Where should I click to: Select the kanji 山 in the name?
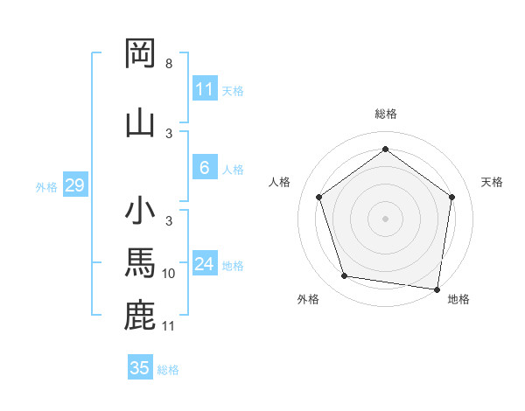[x=140, y=122]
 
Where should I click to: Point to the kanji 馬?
[x=140, y=262]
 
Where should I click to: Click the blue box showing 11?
[x=205, y=89]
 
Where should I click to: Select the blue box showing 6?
[x=205, y=169]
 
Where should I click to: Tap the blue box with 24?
[x=205, y=265]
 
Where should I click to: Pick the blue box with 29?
[x=73, y=185]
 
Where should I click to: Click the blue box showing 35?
[x=140, y=368]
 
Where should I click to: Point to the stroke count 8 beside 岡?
[x=168, y=65]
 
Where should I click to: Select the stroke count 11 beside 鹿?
[x=169, y=326]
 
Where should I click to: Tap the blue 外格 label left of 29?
[x=45, y=186]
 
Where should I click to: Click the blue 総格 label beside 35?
[x=168, y=369]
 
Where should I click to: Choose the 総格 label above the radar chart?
[x=385, y=114]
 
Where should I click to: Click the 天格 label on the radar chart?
[x=492, y=182]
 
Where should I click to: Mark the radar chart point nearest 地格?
[x=437, y=289]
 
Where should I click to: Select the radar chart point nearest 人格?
[x=318, y=197]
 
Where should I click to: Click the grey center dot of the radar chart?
[x=385, y=218]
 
